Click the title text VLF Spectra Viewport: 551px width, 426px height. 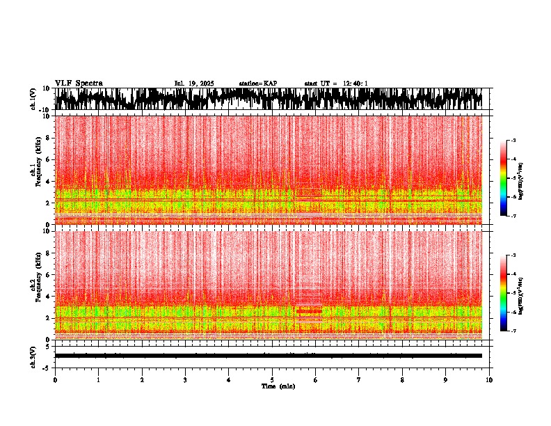(79, 83)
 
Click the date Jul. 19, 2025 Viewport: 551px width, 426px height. (194, 84)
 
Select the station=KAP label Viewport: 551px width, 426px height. (257, 84)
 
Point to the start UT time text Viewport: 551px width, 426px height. (336, 84)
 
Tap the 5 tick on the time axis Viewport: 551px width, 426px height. (272, 379)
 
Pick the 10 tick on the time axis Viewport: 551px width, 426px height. (489, 379)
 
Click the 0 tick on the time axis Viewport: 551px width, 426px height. (55, 379)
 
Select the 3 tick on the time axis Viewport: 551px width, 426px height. (185, 379)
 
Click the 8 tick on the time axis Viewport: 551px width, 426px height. (402, 379)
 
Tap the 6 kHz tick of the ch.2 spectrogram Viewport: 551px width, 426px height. (49, 274)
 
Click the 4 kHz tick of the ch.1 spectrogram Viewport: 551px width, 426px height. (49, 182)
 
